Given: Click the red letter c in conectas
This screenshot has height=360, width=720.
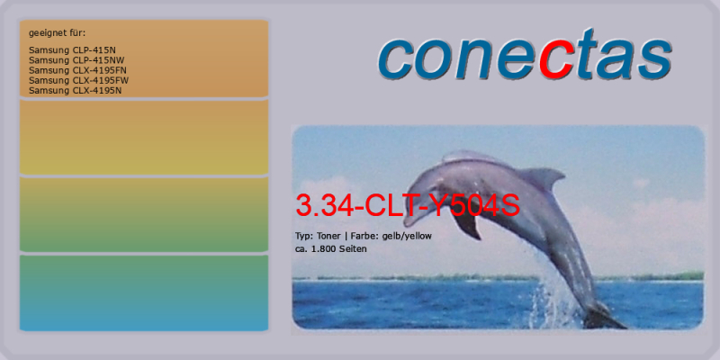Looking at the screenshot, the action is point(555,60).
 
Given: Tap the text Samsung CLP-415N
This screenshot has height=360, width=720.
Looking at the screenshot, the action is point(72,50).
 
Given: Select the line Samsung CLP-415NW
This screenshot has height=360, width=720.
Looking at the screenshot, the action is point(76,60).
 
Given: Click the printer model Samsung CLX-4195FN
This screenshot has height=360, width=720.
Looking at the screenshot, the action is point(77,70).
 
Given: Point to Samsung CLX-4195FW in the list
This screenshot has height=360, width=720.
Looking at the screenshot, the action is point(78,80).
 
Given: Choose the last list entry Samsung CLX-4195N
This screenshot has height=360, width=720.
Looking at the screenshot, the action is point(76,91).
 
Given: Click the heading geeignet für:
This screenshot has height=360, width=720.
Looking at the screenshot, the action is point(57,33).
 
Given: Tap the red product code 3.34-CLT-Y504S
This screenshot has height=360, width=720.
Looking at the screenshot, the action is point(408,206).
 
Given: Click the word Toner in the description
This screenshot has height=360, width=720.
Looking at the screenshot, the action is point(328,236).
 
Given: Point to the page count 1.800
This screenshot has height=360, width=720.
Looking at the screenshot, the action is point(324,249).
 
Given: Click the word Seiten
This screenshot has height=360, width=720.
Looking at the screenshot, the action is point(353,249).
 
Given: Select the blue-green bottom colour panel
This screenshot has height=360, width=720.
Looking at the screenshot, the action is point(144,293).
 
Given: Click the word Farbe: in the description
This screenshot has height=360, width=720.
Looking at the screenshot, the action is point(364,236).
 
